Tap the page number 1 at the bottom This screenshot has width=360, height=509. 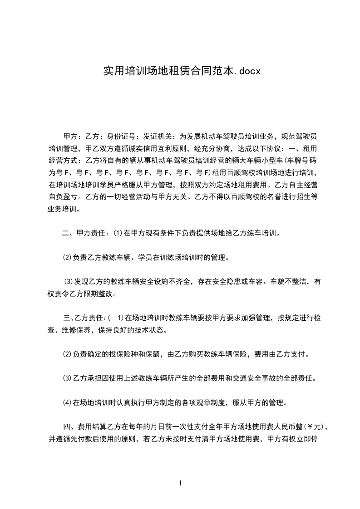(x=180, y=483)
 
